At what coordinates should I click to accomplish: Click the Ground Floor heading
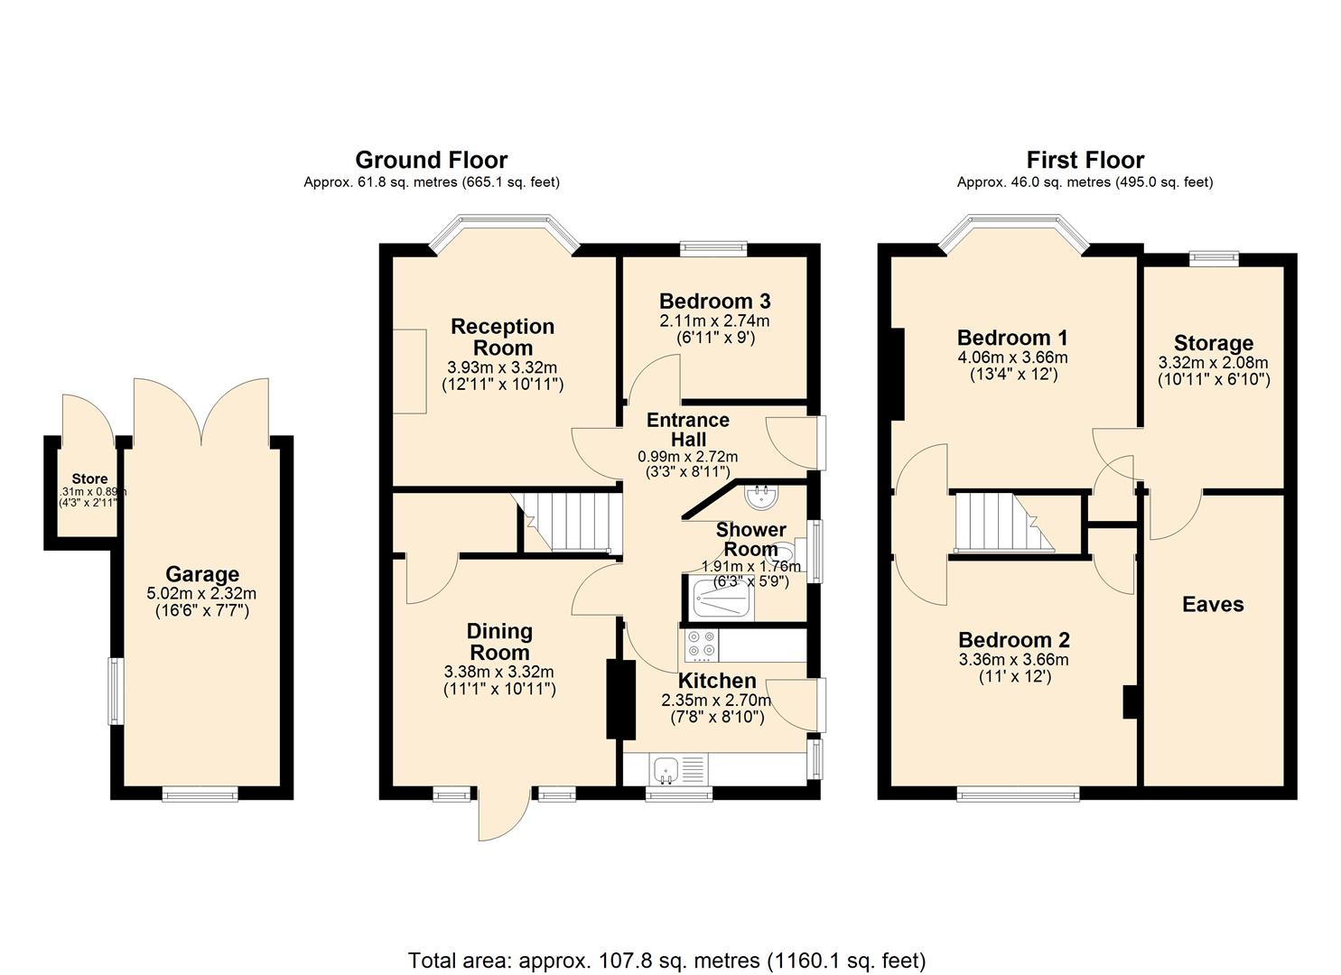click(x=431, y=160)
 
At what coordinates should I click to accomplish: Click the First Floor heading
click(x=1085, y=160)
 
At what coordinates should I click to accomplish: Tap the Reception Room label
click(x=502, y=337)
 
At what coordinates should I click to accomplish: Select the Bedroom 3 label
click(x=714, y=302)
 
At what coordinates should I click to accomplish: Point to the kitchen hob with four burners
click(x=701, y=644)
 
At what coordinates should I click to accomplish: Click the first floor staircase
click(x=1002, y=521)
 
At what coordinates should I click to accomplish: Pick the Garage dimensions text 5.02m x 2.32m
click(x=201, y=594)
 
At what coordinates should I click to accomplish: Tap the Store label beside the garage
click(x=89, y=479)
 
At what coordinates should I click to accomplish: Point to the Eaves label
click(x=1213, y=605)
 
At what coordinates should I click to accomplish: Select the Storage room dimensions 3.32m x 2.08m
click(x=1213, y=363)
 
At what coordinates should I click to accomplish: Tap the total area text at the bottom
click(x=666, y=960)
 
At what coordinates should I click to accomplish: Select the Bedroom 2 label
click(x=1014, y=640)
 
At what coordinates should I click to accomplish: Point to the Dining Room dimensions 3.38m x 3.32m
click(x=498, y=672)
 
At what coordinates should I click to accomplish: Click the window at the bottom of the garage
click(x=200, y=794)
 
